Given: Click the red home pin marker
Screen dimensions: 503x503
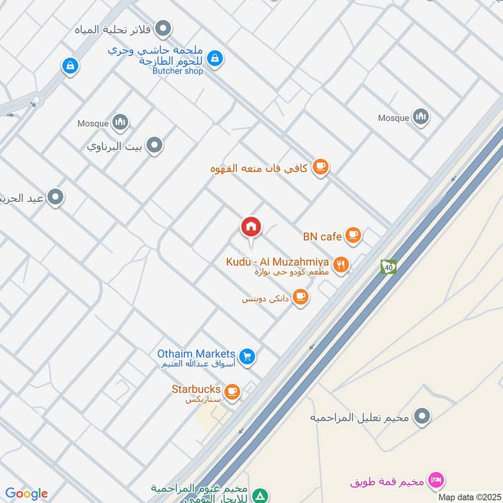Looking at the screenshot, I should click(x=251, y=228).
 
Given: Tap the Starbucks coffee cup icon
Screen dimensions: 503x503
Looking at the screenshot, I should click(x=232, y=392).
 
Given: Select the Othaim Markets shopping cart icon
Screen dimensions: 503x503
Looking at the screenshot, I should click(x=248, y=357).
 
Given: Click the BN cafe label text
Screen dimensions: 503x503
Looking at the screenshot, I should click(x=322, y=236).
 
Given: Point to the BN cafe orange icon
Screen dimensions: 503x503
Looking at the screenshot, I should click(x=353, y=235).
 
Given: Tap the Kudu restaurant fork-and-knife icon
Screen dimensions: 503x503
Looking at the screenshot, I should click(x=341, y=265).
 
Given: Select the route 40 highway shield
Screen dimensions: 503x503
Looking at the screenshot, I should click(x=389, y=267).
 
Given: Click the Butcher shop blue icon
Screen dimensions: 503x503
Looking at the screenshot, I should click(x=215, y=59).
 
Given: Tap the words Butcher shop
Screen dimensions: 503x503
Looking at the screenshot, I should click(x=178, y=71).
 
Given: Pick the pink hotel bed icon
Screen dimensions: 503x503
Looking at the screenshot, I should click(x=434, y=481).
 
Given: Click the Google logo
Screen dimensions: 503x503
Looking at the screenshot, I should click(x=26, y=494).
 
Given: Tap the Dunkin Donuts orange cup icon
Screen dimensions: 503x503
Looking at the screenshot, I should click(x=301, y=297).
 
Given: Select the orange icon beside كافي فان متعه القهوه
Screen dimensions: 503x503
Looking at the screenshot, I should click(x=321, y=167).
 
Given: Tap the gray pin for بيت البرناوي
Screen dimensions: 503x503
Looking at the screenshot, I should click(x=155, y=146).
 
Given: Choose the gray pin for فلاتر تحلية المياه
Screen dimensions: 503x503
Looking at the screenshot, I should click(x=163, y=28).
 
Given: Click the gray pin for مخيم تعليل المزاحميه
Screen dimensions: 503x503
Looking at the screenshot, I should click(x=423, y=416).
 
